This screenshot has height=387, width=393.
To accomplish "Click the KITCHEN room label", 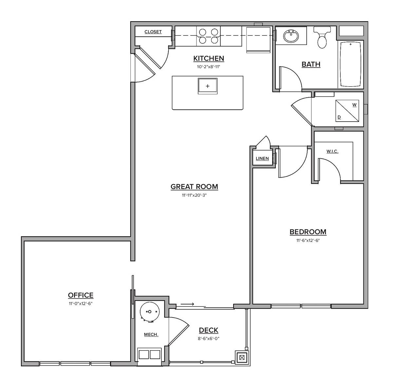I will coord(209,58).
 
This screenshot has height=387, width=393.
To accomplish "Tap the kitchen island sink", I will coord(207,86).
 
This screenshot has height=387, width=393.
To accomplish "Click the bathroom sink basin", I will coord(290,36).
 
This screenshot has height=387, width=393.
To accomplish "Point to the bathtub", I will coord(351,64).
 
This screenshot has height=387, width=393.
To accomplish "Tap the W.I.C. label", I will coord(332,151).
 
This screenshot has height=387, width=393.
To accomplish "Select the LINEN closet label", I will coord(262,158).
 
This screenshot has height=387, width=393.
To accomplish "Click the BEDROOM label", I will coord(308,232).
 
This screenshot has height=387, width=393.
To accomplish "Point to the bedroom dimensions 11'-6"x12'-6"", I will coord(308,240).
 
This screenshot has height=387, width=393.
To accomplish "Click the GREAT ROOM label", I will coord(194,187).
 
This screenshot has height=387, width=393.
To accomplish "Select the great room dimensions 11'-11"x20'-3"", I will coord(194,195).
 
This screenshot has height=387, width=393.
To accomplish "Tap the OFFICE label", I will coord(81,295).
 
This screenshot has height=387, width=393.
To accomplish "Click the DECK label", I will coord(209,330).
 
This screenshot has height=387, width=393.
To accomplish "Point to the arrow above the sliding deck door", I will coord(187,304).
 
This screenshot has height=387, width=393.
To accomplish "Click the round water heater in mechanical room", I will coord(150,311).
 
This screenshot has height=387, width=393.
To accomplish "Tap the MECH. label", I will coord(151,335).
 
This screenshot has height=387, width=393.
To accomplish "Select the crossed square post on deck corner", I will coord(242,358).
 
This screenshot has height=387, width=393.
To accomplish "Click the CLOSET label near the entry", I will coord(153,32).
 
